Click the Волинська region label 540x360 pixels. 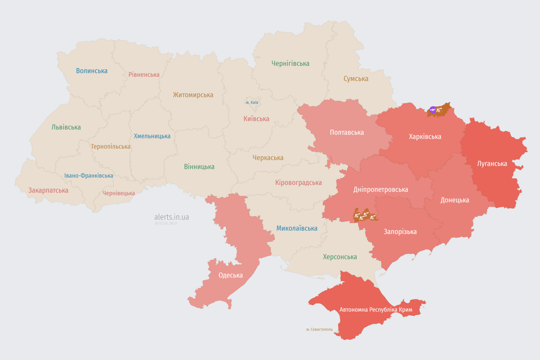coord(92,71)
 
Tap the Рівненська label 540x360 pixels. coord(144,75)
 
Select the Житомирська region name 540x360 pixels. coord(193,95)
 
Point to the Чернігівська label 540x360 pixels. coord(290,63)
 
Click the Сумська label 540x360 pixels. coord(356,79)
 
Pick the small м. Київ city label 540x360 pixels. coord(252,102)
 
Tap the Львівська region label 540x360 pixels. coord(66,127)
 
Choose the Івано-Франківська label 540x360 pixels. coord(89,176)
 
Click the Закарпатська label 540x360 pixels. coord(48,190)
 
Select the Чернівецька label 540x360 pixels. coord(119,193)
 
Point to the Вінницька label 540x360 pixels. coord(199,166)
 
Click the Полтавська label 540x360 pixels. coord(347,132)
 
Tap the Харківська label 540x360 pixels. coord(425,136)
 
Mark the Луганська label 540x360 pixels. coord(492,164)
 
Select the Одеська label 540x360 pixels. coord(231,275)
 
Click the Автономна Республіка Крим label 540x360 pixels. coord(375,310)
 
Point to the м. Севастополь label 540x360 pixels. coord(319,330)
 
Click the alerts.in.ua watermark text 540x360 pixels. coord(172,217)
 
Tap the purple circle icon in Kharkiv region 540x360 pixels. coord(433,110)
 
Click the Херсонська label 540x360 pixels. coord(340,257)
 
